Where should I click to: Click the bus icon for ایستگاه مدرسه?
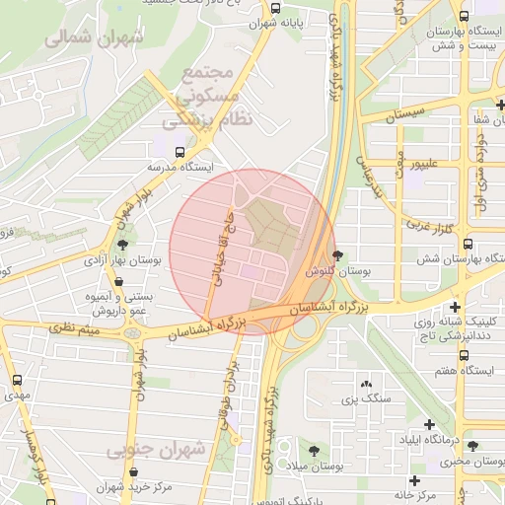[179, 153]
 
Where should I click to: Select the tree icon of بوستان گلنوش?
[338, 255]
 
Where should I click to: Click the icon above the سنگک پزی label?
[366, 383]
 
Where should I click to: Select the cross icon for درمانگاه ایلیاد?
[429, 423]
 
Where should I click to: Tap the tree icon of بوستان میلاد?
[314, 450]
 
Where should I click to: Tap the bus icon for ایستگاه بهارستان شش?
[468, 244]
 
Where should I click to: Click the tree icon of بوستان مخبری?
[471, 446]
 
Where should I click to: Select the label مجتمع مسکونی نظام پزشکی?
[207, 96]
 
